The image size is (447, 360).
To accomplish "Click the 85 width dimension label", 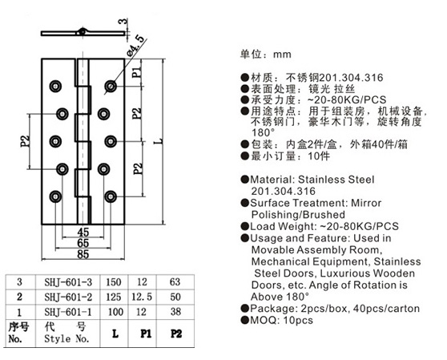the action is pyautogui.click(x=83, y=254).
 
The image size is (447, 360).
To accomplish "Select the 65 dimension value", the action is pyautogui.click(x=83, y=243).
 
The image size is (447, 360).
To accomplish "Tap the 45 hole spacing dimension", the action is pyautogui.click(x=83, y=233).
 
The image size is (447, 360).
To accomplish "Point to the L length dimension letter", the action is pyautogui.click(x=160, y=141).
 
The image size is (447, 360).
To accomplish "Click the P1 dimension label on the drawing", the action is pyautogui.click(x=137, y=72).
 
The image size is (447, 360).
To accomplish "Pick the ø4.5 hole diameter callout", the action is pyautogui.click(x=135, y=46).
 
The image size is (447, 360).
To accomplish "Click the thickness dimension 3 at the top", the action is pyautogui.click(x=123, y=22).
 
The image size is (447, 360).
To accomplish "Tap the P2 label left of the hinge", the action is pyautogui.click(x=25, y=141).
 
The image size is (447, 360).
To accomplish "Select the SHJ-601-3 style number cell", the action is pyautogui.click(x=68, y=282).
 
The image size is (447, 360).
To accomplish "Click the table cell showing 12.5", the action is pyautogui.click(x=142, y=297).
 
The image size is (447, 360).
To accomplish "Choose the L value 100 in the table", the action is pyautogui.click(x=115, y=312).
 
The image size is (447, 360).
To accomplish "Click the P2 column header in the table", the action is pyautogui.click(x=176, y=334).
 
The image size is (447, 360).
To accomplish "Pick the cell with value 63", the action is pyautogui.click(x=175, y=282).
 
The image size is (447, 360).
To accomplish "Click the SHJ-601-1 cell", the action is pyautogui.click(x=68, y=312).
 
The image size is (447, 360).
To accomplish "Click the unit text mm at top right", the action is pyautogui.click(x=282, y=55).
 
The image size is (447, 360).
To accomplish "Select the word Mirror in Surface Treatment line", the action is pyautogui.click(x=366, y=203).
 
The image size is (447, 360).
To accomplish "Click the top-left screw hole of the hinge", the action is pyautogui.click(x=55, y=86).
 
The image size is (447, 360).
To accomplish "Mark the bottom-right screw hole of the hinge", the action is pyautogui.click(x=111, y=196).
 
